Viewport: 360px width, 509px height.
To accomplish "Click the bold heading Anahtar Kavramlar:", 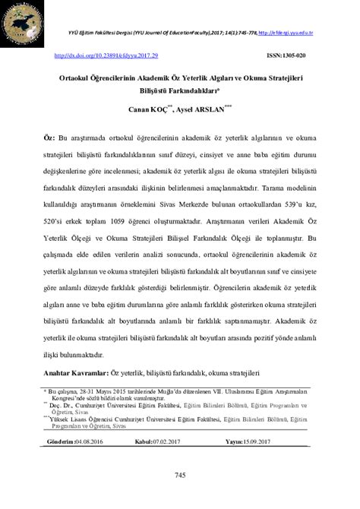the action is [x=76, y=373].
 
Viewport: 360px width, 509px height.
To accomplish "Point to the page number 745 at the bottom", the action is [x=180, y=475].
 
